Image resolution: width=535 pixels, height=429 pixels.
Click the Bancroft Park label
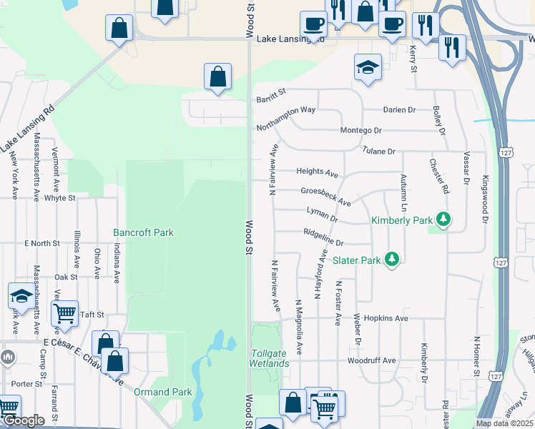[143, 232]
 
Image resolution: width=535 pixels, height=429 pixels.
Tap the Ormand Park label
[162, 392]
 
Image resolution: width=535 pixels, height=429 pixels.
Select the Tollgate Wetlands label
[270, 358]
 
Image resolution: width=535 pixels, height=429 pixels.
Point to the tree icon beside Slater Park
[391, 258]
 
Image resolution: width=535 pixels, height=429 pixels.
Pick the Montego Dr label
[361, 131]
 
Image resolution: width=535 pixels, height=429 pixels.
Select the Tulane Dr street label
[378, 152]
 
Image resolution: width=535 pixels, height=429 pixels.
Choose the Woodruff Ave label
[371, 361]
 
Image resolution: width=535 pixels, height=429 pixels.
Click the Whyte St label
[59, 198]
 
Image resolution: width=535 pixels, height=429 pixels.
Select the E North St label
[41, 244]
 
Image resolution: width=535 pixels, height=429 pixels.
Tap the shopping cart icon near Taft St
[65, 312]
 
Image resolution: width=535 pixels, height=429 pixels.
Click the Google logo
[24, 421]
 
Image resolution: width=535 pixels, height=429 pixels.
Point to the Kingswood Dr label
[484, 199]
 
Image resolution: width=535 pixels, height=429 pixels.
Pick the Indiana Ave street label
[116, 265]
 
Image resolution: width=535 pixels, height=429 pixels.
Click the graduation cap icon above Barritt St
[368, 67]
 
